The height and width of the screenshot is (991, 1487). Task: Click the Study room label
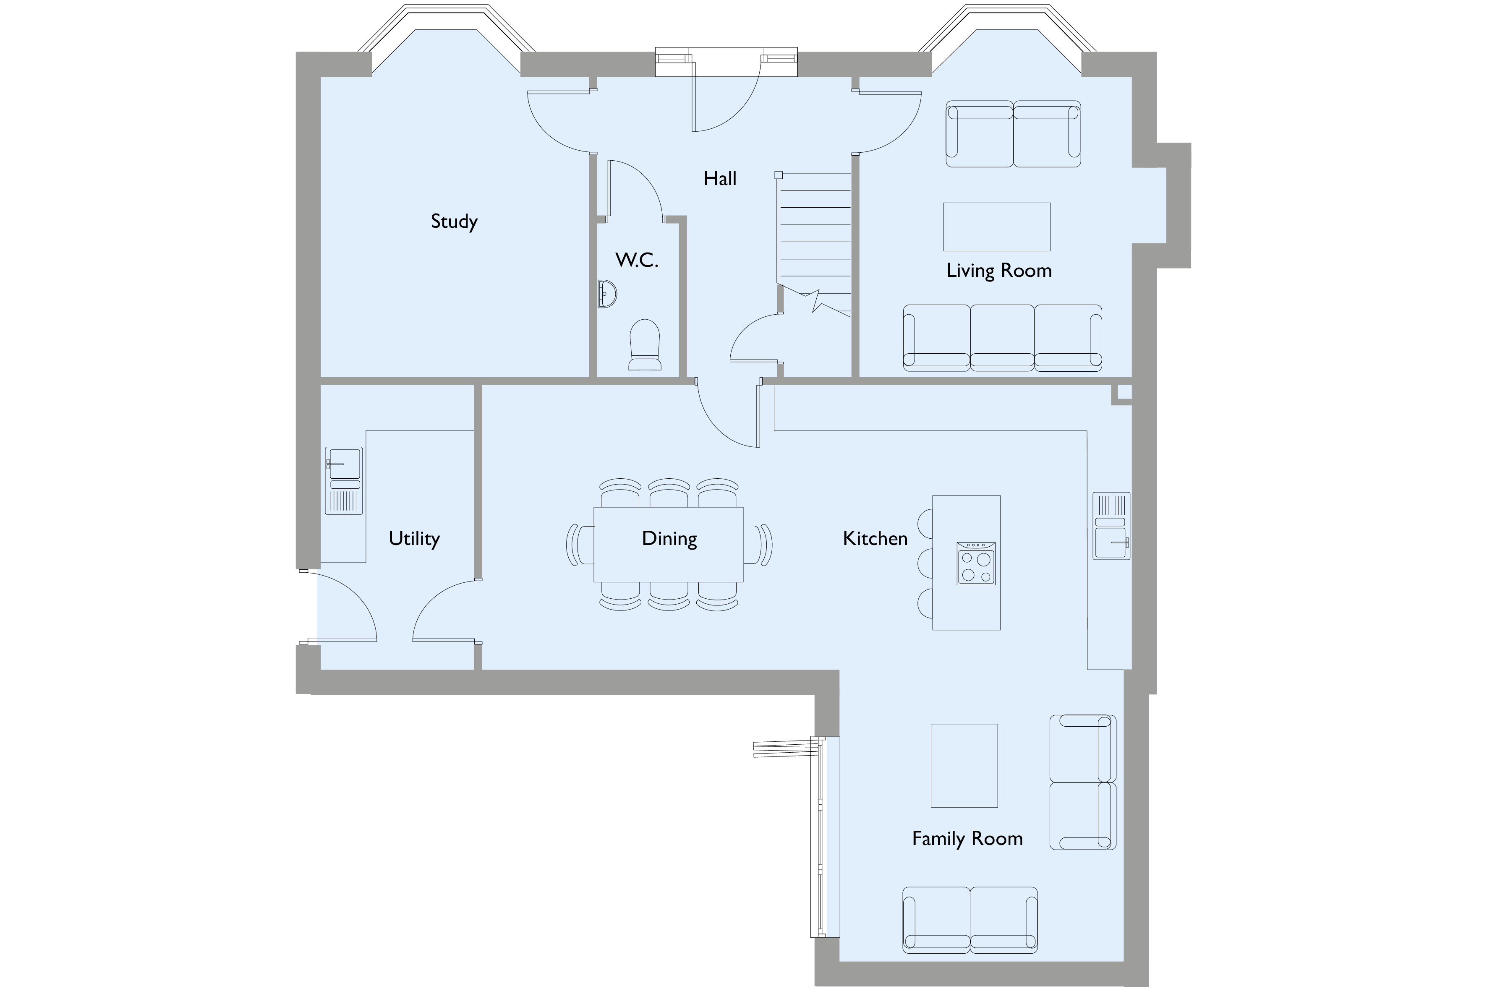[x=454, y=221]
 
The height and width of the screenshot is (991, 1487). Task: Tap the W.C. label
[x=637, y=260]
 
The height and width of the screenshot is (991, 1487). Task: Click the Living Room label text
[x=998, y=271]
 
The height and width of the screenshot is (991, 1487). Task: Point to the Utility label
[x=414, y=538]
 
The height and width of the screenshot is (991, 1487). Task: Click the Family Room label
[x=967, y=838]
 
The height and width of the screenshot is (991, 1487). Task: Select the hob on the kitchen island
[x=975, y=563]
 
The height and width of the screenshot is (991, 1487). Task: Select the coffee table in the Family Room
[x=964, y=765]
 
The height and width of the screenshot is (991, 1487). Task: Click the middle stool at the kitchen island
[x=924, y=563]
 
